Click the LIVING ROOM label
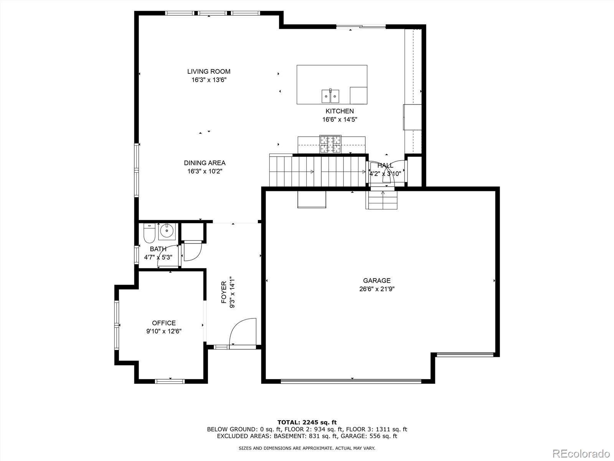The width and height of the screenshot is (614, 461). click(x=209, y=71)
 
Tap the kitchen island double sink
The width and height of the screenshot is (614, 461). click(x=330, y=96)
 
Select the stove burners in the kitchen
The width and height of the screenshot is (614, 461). click(x=331, y=144)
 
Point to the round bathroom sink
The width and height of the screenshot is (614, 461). click(x=167, y=231)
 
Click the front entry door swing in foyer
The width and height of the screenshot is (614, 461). click(x=243, y=332)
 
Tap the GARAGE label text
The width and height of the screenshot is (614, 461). click(x=377, y=281)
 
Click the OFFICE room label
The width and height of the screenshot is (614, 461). click(x=164, y=323)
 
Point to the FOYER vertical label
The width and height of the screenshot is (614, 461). click(x=224, y=293)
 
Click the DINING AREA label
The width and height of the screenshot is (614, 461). click(x=205, y=163)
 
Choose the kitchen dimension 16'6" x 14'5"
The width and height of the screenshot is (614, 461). click(x=340, y=119)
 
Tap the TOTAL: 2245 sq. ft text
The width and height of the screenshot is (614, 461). click(x=307, y=422)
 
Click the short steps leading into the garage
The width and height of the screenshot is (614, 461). click(x=382, y=200)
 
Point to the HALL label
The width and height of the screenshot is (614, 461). click(x=385, y=166)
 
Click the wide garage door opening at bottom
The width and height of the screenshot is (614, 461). click(x=351, y=381)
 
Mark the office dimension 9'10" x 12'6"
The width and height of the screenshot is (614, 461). click(x=164, y=332)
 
